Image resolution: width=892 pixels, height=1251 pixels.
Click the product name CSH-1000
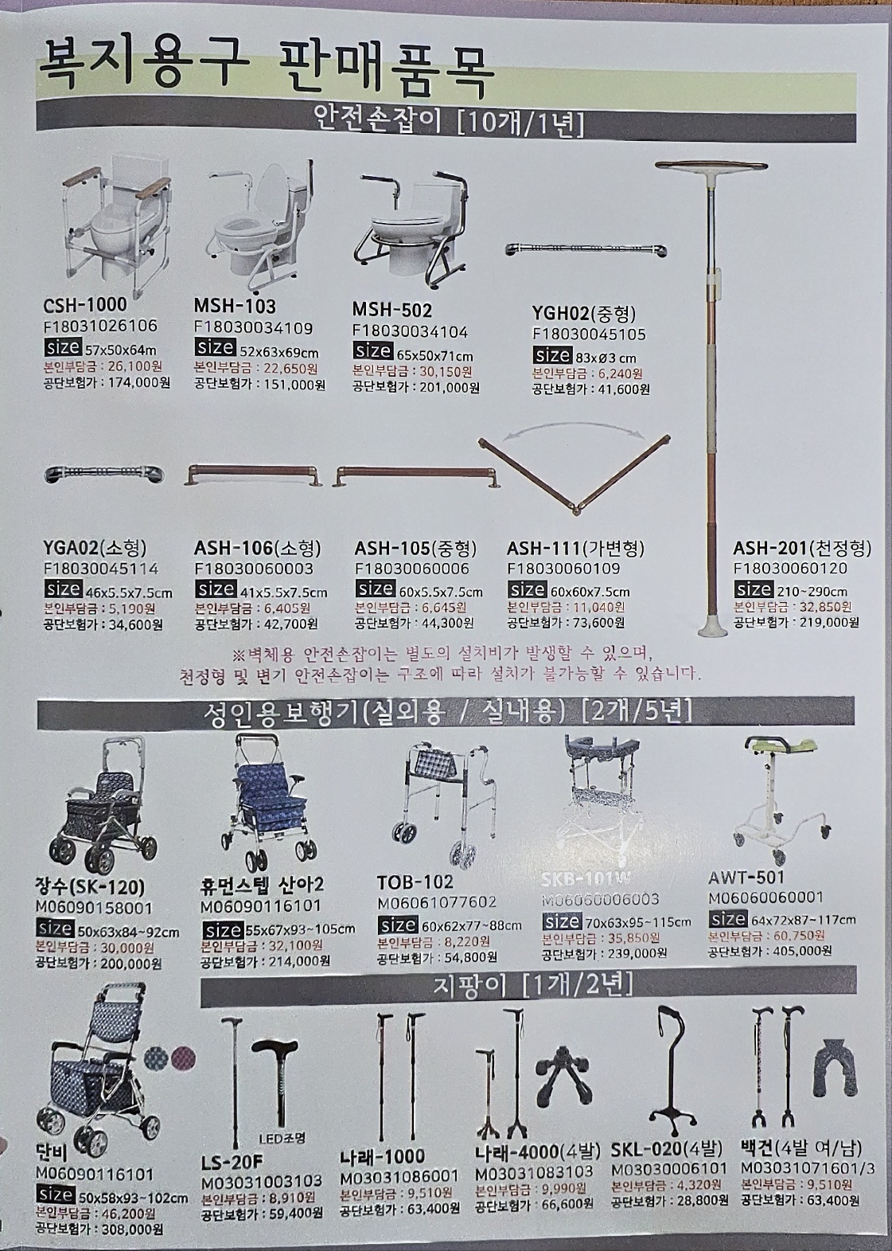click(84, 305)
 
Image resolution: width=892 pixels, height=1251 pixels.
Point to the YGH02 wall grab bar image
click(586, 250)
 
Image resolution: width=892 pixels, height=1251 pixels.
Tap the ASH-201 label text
click(801, 549)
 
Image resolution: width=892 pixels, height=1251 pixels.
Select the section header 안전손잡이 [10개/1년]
click(450, 123)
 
